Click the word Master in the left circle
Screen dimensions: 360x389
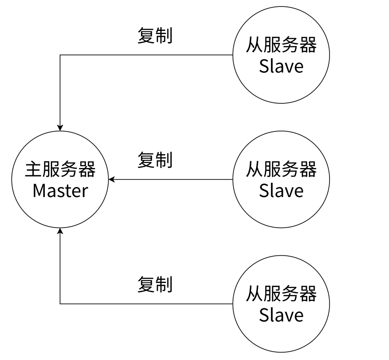[x=60, y=190]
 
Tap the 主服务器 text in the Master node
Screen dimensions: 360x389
[x=60, y=170]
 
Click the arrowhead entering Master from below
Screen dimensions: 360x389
[x=60, y=231]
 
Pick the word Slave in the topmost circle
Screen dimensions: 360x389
[x=281, y=66]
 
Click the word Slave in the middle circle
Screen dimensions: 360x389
[x=281, y=190]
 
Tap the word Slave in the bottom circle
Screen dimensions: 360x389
[x=281, y=315]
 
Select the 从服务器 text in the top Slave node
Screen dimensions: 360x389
[x=281, y=45]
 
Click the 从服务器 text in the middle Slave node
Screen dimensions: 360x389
[x=281, y=169]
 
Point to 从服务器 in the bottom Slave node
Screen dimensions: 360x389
[x=281, y=294]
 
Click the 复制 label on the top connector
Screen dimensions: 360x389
[x=155, y=36]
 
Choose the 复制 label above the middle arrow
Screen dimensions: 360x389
[x=155, y=160]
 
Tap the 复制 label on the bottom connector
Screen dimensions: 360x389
[x=155, y=284]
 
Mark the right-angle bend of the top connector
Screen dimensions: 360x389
[x=60, y=55]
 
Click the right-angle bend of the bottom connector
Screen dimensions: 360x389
[x=60, y=304]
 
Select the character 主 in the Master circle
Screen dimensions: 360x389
[x=33, y=170]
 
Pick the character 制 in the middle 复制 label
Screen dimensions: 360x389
[x=164, y=160]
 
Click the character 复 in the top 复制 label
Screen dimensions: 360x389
[x=146, y=36]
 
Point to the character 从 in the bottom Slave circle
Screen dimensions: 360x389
[x=254, y=294]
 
